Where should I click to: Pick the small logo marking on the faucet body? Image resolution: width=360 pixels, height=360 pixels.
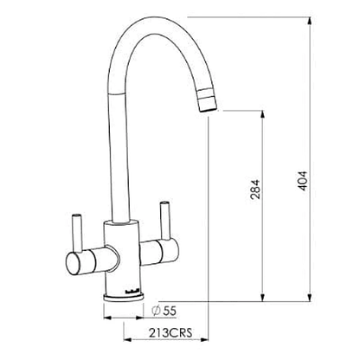(122, 279)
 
